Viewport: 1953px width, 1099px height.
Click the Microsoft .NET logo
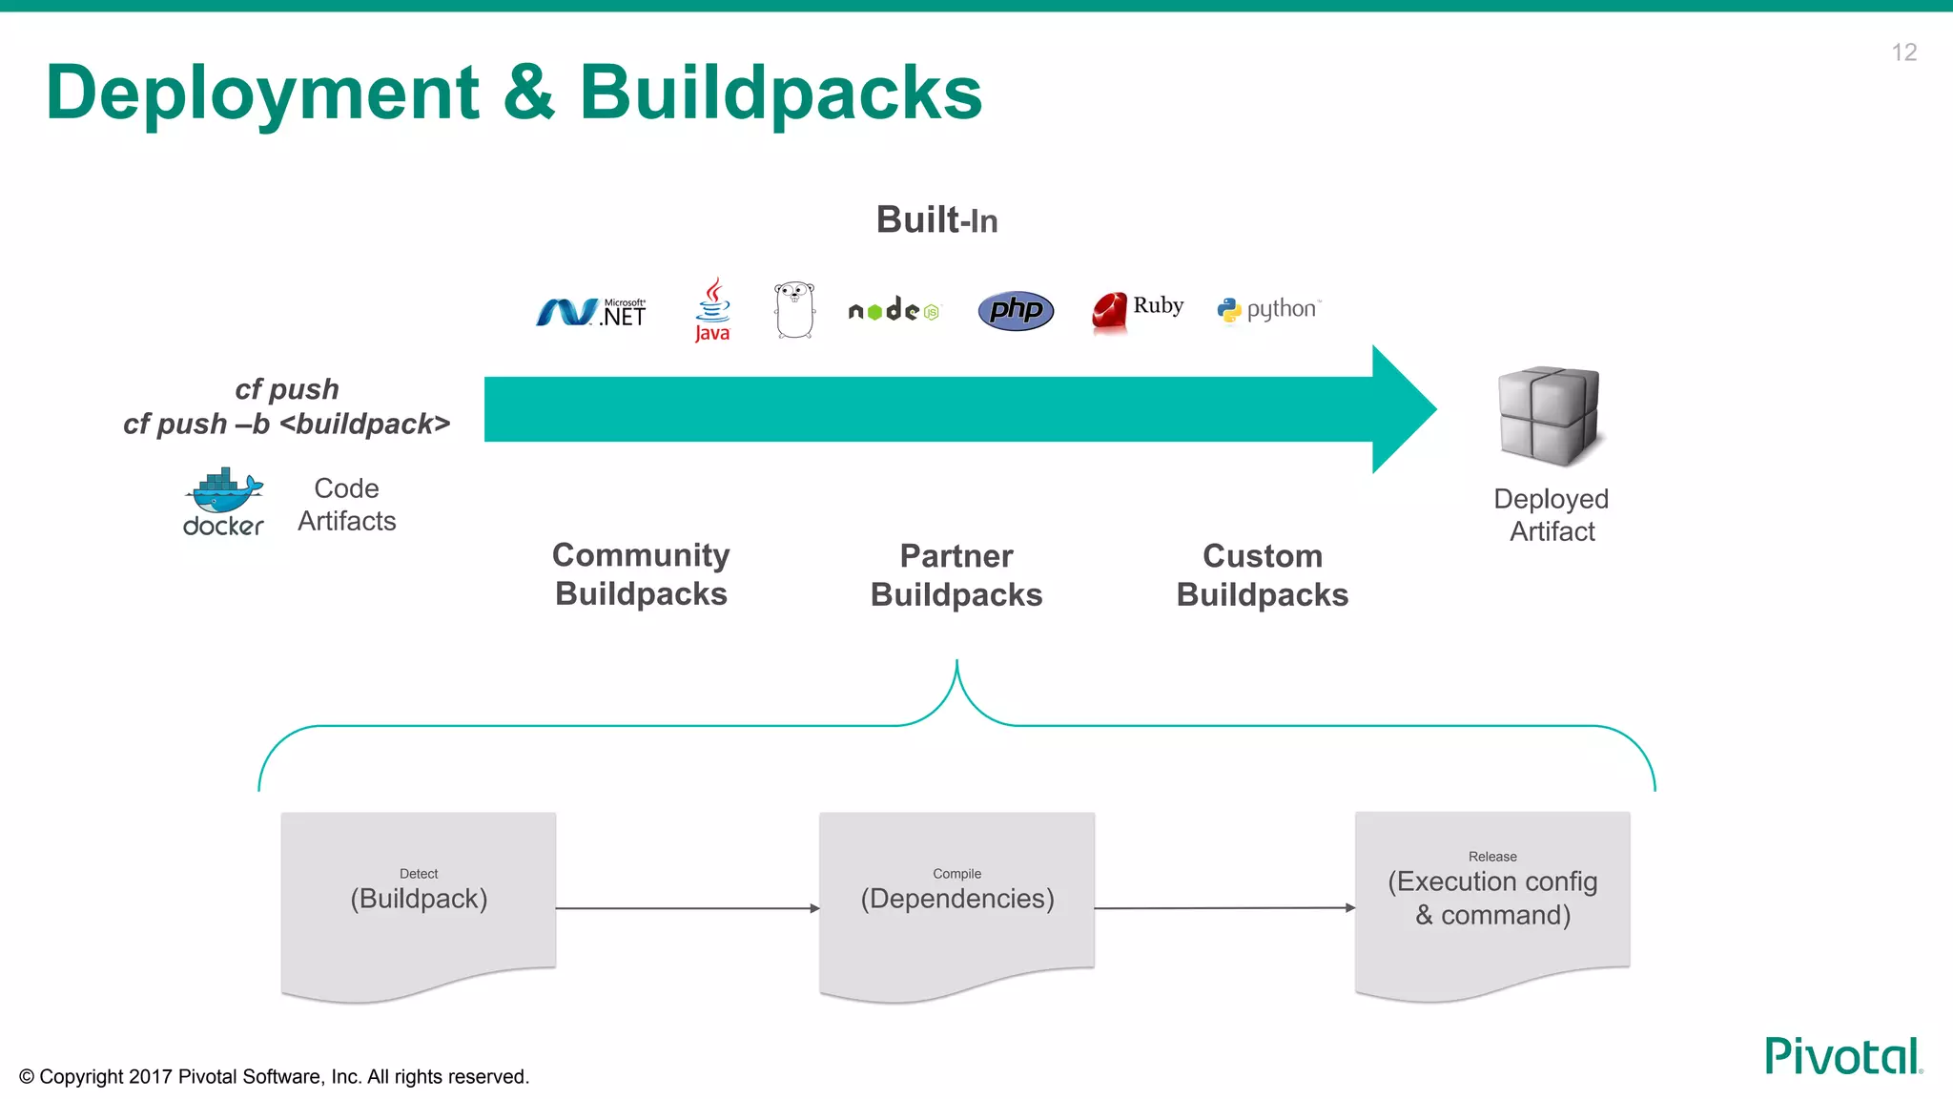591,312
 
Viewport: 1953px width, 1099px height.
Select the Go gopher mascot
794,310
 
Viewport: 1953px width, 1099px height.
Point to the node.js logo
894,310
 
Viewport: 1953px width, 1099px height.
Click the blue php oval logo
1016,310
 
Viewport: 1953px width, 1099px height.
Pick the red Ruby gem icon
1109,311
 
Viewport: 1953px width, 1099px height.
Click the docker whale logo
223,502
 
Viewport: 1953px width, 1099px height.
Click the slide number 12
1903,52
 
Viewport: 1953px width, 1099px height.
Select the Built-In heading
936,220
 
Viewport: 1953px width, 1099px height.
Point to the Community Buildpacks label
641,574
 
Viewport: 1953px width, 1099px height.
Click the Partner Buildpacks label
956,575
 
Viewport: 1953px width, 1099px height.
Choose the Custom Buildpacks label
1262,575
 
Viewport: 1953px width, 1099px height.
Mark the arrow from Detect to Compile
687,908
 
